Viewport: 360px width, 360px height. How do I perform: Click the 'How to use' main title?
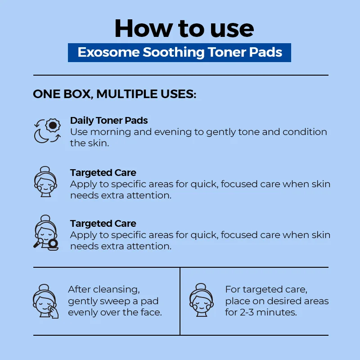[x=184, y=28]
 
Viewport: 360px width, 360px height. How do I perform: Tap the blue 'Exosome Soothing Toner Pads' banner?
[x=179, y=53]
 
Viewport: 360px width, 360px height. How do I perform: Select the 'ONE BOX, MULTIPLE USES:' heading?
[x=115, y=94]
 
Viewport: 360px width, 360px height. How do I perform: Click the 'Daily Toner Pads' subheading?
[x=109, y=121]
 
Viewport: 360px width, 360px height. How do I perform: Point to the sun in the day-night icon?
[x=53, y=125]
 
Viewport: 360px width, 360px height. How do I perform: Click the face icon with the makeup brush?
[x=46, y=233]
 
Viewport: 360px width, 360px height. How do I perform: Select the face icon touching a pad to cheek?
[x=45, y=301]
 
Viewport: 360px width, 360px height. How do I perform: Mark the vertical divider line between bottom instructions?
[x=180, y=301]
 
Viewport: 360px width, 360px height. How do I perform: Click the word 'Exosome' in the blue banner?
[x=108, y=52]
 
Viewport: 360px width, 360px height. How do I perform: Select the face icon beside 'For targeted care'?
[x=201, y=300]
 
